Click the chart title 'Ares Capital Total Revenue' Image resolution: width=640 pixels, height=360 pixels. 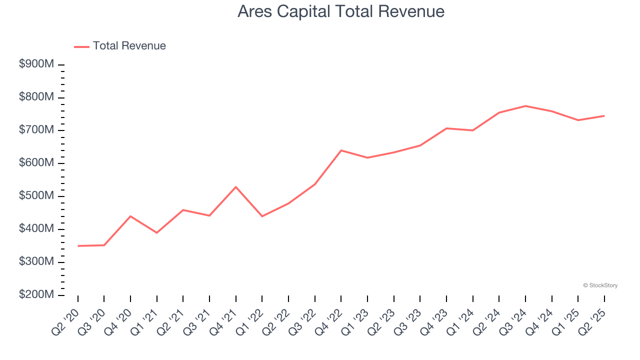point(341,11)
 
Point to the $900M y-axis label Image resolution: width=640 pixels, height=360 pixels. point(36,64)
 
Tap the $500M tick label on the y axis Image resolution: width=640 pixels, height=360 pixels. point(36,196)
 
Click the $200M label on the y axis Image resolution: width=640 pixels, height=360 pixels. point(36,295)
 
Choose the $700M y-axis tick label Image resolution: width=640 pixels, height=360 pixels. point(36,130)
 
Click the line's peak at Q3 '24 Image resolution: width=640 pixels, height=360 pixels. point(525,106)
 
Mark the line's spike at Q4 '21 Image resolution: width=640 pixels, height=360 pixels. point(236,187)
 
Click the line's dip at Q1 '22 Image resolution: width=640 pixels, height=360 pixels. point(262,216)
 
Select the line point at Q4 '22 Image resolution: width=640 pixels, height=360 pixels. point(341,150)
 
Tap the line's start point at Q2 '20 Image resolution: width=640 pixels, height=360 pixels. point(78,246)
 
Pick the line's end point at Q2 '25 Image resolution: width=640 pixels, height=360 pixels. point(604,116)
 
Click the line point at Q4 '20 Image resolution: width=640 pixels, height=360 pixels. point(130,216)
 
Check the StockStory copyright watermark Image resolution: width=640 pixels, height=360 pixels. point(600,285)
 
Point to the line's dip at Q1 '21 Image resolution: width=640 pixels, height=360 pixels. point(157,232)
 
